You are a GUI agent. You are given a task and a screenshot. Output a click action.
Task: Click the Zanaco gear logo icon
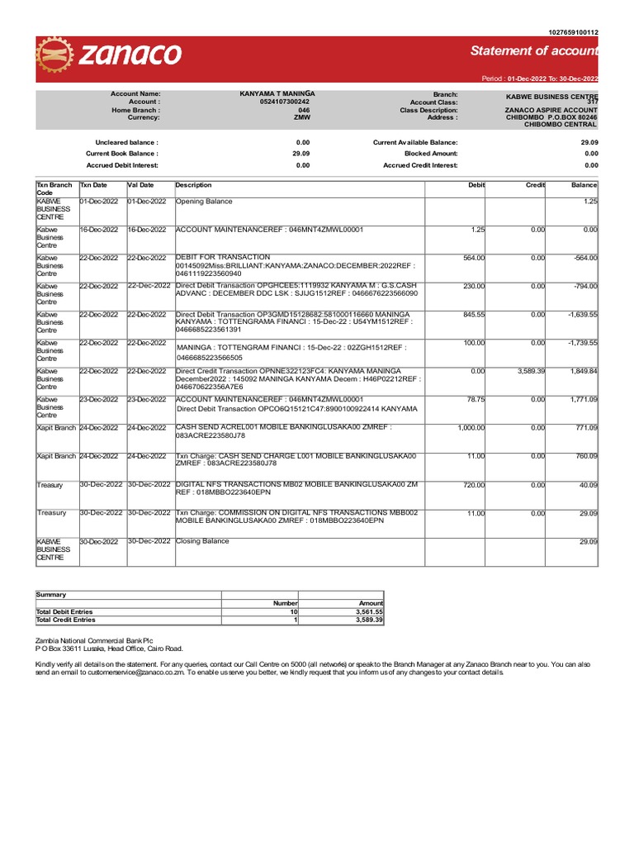tap(55, 57)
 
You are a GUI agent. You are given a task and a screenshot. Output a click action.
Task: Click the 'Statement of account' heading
tap(533, 52)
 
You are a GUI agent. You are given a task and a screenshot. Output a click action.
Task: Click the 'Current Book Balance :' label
tap(121, 154)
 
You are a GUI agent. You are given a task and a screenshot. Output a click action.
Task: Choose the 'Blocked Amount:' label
tap(430, 154)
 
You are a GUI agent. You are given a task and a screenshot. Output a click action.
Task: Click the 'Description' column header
tap(194, 185)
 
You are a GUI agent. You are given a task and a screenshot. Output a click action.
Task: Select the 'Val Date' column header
tap(141, 185)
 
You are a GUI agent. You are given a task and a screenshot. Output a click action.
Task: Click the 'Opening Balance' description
tap(204, 202)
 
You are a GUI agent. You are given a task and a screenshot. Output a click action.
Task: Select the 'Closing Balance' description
tap(202, 541)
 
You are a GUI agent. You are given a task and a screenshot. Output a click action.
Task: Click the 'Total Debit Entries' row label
tap(66, 611)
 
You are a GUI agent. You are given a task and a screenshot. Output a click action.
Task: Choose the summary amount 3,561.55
tap(367, 611)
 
